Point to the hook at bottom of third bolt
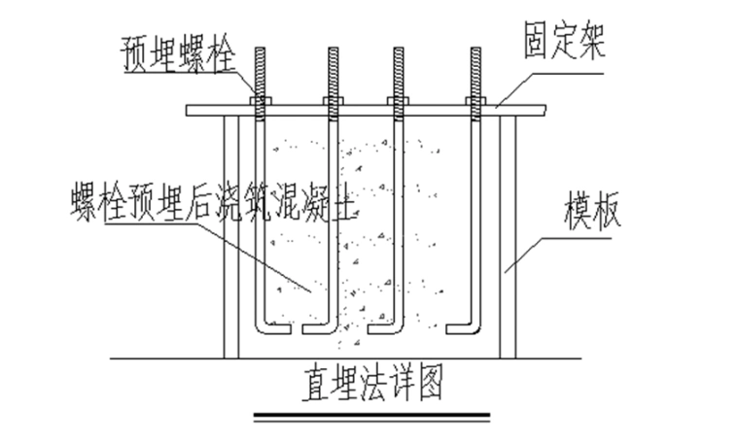tap(387, 328)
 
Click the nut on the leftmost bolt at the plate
tap(259, 101)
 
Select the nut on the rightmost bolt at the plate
tap(475, 101)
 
